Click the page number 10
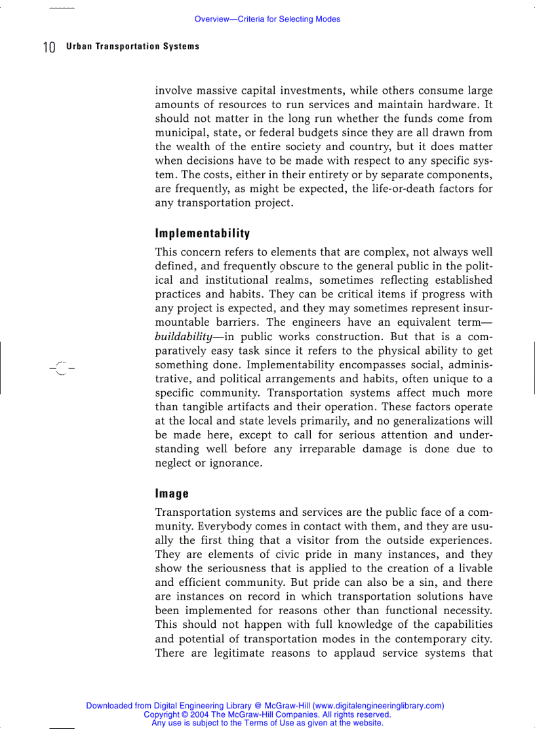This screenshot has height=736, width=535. point(49,47)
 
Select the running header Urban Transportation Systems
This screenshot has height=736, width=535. point(132,47)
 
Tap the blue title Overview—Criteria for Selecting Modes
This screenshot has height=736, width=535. point(267,20)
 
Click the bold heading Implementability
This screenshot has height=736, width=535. point(202,233)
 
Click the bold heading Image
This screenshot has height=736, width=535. point(172,494)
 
